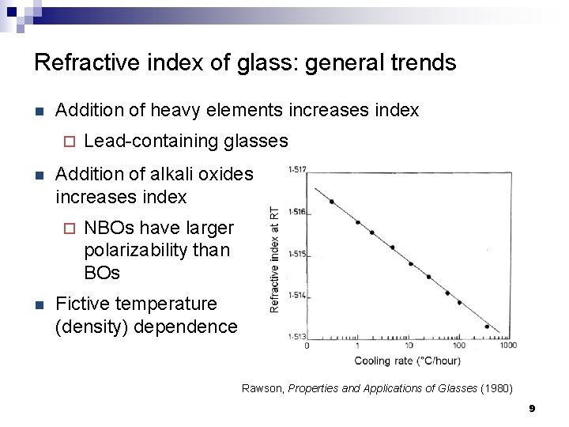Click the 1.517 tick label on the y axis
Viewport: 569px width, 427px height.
tap(296, 168)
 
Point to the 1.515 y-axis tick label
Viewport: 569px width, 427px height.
tap(296, 253)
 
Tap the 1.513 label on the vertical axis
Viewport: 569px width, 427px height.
tap(296, 337)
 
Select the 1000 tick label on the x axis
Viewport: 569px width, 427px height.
tap(508, 346)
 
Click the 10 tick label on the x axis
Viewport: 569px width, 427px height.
tap(408, 346)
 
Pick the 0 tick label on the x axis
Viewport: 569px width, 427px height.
tap(307, 346)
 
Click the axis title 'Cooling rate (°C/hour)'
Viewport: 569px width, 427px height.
tap(407, 361)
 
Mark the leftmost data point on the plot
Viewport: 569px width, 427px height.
tap(332, 202)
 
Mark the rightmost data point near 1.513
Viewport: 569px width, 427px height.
tap(487, 326)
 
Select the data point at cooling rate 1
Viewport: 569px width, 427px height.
tap(357, 222)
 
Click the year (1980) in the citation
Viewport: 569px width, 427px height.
tap(496, 388)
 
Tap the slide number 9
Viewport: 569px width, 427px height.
tap(532, 409)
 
